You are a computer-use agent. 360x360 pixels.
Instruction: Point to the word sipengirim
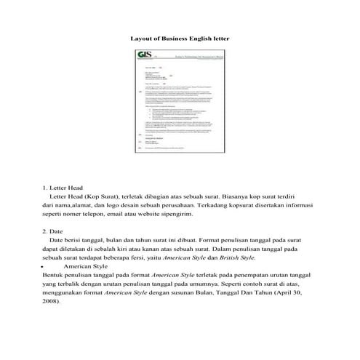[x=210, y=216]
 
